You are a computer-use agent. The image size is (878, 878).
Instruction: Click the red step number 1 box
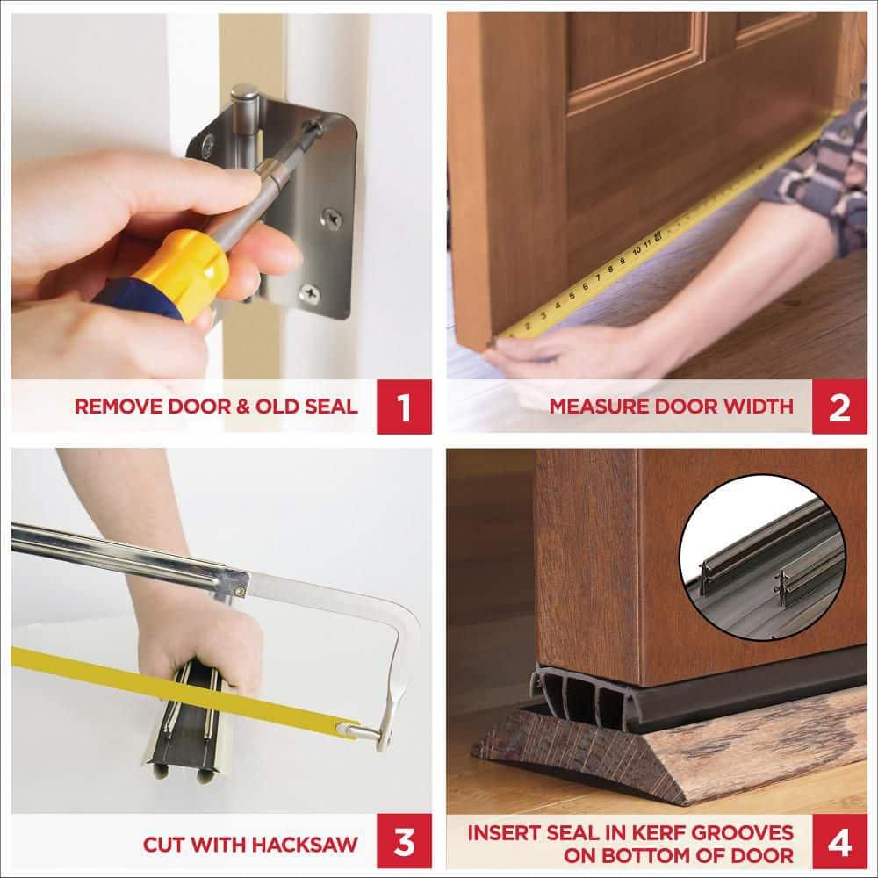(x=404, y=406)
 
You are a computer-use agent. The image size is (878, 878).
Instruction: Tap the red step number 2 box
(x=839, y=406)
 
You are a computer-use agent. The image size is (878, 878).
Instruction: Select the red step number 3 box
(x=404, y=844)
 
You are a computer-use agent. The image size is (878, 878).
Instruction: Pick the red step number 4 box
(x=839, y=844)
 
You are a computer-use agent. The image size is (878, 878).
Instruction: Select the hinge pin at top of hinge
(x=246, y=97)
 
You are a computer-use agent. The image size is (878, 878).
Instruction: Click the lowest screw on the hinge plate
(x=309, y=294)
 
